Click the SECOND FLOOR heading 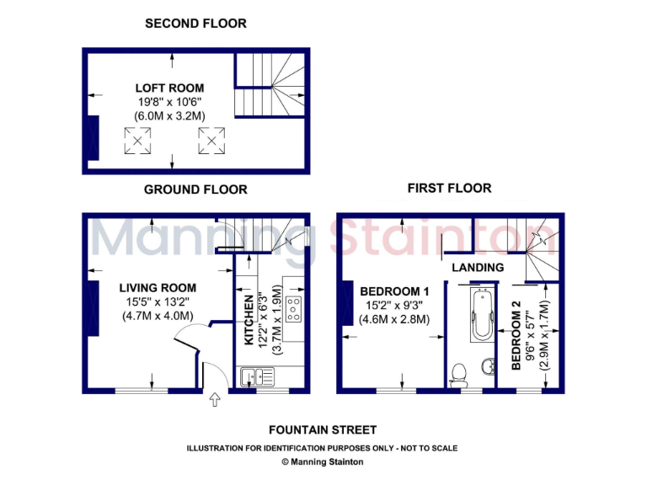coord(195,24)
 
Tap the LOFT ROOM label coord(169,88)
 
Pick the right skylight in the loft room coord(211,141)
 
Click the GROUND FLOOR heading coord(195,189)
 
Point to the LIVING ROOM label coord(158,288)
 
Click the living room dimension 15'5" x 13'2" coord(158,301)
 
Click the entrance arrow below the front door coord(214,400)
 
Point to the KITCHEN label coord(249,321)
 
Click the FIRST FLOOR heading coord(449,188)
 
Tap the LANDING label coord(478,267)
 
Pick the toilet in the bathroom coord(460,371)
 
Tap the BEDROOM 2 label coord(516,335)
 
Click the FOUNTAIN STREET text coord(321,430)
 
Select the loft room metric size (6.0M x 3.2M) coord(169,115)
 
